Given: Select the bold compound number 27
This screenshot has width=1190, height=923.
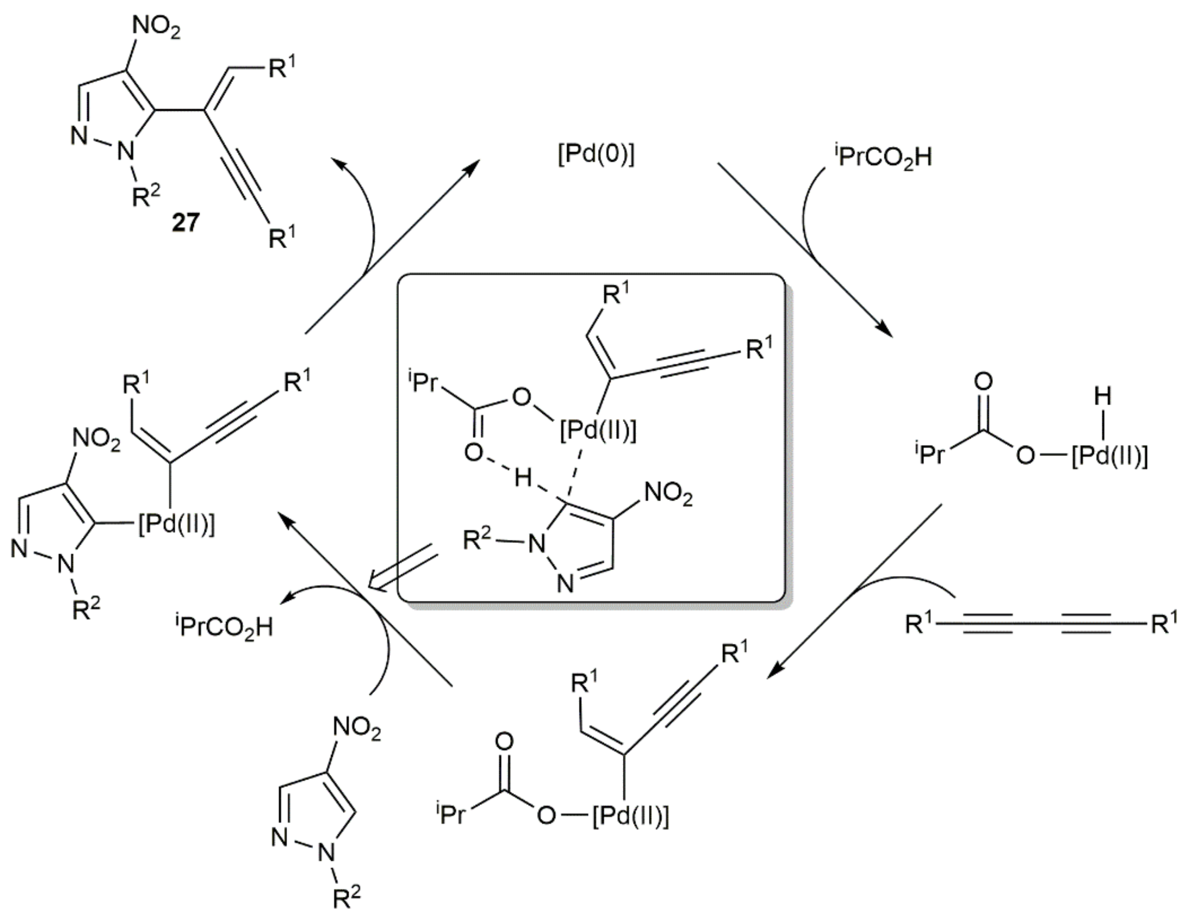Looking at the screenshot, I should click(x=186, y=223).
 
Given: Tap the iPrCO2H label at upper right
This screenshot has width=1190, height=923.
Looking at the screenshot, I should click(x=882, y=157).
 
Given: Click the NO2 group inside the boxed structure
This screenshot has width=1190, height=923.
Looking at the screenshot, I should click(x=668, y=494).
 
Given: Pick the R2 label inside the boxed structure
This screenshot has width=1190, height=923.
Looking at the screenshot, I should click(x=477, y=541).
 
